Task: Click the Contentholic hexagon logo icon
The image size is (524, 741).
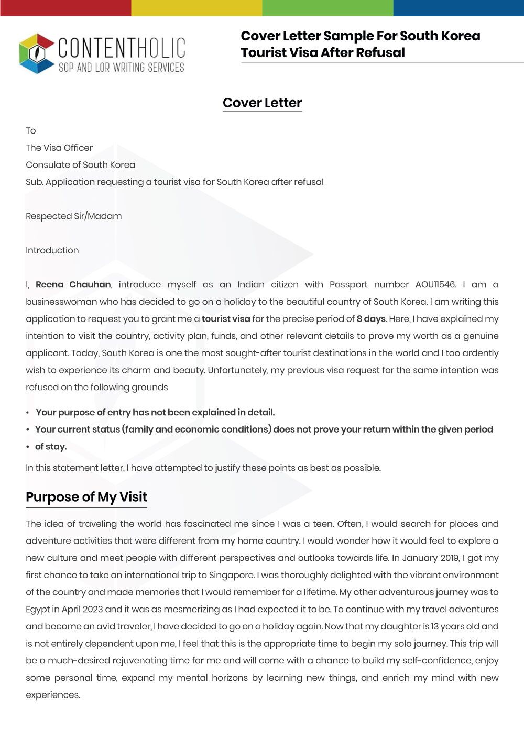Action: (37, 53)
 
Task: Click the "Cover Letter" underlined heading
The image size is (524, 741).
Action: (262, 103)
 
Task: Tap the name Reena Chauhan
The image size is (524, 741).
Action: (73, 284)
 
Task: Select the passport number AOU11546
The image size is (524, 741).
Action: (435, 284)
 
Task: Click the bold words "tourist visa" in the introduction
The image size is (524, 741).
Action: (226, 319)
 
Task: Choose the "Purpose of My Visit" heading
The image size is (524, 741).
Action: (86, 497)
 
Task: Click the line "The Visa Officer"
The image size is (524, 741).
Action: (59, 148)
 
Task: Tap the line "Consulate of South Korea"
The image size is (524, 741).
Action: (80, 165)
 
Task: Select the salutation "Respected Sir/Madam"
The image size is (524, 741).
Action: (73, 216)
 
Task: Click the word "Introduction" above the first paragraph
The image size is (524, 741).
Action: (52, 250)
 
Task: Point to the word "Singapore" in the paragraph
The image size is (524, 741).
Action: (232, 575)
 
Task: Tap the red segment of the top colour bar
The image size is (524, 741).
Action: (65, 7)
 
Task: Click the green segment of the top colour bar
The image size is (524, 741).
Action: (327, 7)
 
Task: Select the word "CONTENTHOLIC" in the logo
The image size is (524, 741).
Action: (122, 48)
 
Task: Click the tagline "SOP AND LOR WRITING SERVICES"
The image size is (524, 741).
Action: (121, 68)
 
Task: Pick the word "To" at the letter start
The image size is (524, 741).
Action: (31, 131)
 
